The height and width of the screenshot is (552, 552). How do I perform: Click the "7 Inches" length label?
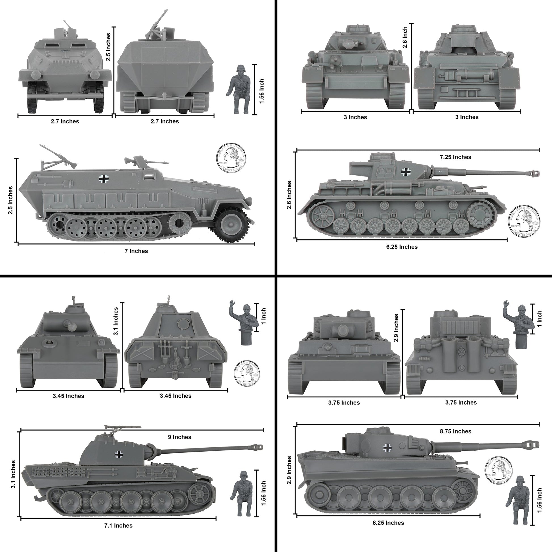pyautogui.click(x=136, y=251)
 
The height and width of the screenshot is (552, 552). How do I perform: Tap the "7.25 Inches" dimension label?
pyautogui.click(x=456, y=157)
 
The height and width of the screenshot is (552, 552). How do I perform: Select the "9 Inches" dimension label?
pyautogui.click(x=180, y=437)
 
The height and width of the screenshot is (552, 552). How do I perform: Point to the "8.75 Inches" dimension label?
pyautogui.click(x=456, y=431)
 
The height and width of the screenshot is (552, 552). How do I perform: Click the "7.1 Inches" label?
pyautogui.click(x=118, y=526)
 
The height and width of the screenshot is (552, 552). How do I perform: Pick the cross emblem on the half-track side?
pyautogui.click(x=104, y=179)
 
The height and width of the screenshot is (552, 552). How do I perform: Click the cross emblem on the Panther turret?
pyautogui.click(x=119, y=455)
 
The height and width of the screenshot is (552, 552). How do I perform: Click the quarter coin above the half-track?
pyautogui.click(x=231, y=157)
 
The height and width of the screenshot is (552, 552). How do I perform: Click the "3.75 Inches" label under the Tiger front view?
pyautogui.click(x=344, y=403)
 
